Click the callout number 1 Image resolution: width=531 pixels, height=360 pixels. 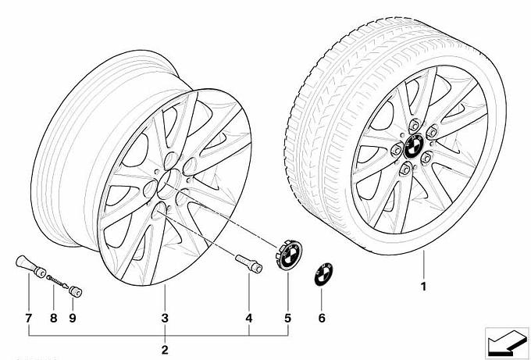pyautogui.click(x=423, y=287)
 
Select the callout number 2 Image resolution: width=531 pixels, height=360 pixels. pyautogui.click(x=165, y=350)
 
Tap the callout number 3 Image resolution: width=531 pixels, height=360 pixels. pyautogui.click(x=165, y=318)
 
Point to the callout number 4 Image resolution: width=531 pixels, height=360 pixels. pyautogui.click(x=249, y=318)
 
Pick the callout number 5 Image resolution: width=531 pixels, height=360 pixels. pyautogui.click(x=287, y=318)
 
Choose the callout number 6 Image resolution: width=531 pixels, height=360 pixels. pyautogui.click(x=322, y=318)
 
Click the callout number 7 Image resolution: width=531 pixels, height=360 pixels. pyautogui.click(x=28, y=318)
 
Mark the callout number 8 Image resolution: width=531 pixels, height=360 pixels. pyautogui.click(x=54, y=318)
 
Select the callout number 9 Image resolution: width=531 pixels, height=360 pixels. pyautogui.click(x=73, y=318)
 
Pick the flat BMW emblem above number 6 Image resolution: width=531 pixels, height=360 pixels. pyautogui.click(x=323, y=274)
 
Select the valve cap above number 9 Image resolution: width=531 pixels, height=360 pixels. pyautogui.click(x=76, y=291)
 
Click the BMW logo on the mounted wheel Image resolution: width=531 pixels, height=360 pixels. pyautogui.click(x=414, y=145)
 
